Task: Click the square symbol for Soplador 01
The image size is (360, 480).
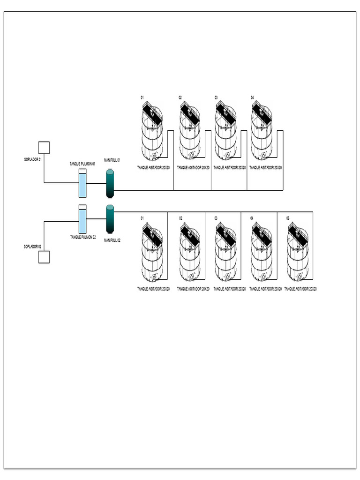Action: coord(44,148)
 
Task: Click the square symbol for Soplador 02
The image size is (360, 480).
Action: coord(44,257)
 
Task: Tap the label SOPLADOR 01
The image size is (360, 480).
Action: coord(33,159)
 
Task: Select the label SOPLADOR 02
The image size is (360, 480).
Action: coord(33,246)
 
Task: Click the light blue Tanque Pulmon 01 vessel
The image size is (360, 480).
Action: coord(82,183)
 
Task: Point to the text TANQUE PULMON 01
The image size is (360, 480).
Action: coord(82,164)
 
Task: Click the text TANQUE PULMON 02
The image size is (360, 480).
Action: coord(82,237)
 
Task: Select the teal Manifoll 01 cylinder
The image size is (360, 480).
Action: coord(110,183)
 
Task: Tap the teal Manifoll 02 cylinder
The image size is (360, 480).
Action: coord(110,219)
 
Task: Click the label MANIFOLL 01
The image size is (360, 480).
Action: coord(112,160)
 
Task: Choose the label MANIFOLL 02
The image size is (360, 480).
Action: coord(112,240)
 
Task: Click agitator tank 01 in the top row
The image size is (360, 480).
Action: coord(152,131)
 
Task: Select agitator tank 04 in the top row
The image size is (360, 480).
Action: coord(262,131)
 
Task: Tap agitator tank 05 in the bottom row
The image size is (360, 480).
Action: coord(298,252)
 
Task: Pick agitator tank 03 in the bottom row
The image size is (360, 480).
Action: coord(226,252)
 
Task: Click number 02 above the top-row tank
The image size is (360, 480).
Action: coord(180,97)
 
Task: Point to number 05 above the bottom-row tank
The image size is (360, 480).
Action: coord(288,218)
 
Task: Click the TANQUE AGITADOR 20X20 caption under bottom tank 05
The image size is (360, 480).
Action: coord(300,289)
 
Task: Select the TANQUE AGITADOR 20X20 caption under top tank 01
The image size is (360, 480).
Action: coord(153,167)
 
